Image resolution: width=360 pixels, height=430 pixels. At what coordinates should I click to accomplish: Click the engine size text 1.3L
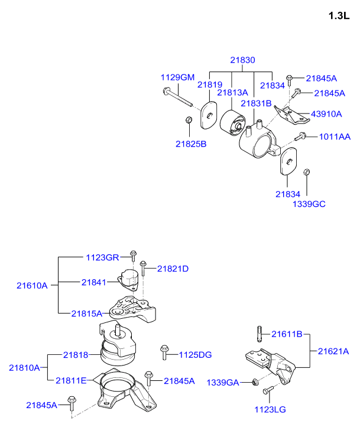(339, 16)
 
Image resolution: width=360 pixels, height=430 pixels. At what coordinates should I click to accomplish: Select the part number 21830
(242, 60)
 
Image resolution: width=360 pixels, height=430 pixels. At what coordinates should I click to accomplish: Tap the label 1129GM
(177, 77)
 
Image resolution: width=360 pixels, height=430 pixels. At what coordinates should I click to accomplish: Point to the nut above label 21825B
(189, 121)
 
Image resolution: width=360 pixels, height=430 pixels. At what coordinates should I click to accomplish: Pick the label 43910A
(326, 114)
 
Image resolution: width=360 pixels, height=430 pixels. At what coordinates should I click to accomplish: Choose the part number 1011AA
(335, 137)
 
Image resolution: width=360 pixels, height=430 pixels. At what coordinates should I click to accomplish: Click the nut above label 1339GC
(307, 173)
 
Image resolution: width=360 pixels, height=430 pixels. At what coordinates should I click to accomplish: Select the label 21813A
(232, 92)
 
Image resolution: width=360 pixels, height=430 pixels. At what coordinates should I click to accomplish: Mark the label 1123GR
(102, 257)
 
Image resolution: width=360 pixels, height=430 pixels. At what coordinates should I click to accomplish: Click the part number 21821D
(173, 269)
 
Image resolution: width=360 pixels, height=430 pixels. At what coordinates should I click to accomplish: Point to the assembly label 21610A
(31, 285)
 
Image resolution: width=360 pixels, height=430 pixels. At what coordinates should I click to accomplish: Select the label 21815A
(86, 313)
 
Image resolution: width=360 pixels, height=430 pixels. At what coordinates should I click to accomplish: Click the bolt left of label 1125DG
(164, 353)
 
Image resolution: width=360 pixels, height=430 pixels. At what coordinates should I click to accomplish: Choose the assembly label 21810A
(24, 367)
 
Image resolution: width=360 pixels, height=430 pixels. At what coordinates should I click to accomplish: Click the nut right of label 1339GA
(254, 381)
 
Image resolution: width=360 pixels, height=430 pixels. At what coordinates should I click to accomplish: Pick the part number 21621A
(333, 351)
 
